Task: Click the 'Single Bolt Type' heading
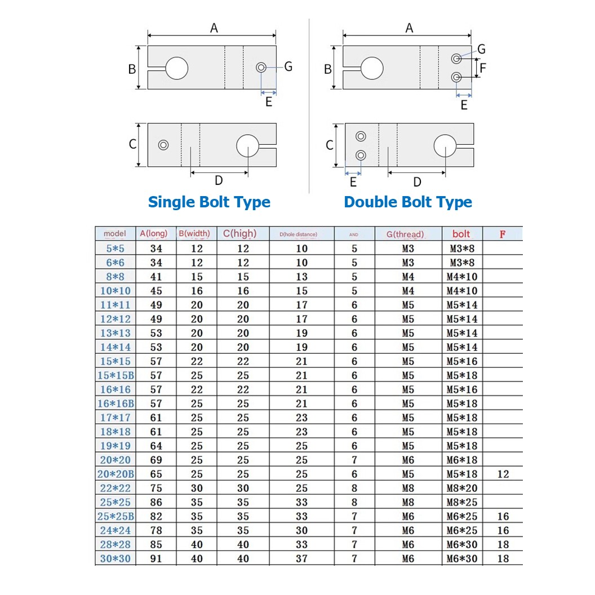[209, 202]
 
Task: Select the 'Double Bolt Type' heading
[408, 202]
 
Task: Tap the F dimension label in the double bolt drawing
[483, 68]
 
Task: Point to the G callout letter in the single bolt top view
[288, 66]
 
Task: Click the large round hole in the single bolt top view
[176, 68]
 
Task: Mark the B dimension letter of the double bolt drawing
[328, 69]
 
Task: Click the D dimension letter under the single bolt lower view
[219, 180]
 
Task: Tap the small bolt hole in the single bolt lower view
[163, 145]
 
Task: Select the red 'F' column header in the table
[503, 234]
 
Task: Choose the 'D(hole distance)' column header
[301, 234]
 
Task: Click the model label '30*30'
[115, 558]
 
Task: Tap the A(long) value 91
[156, 558]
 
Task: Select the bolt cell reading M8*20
[461, 488]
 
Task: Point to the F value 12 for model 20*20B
[503, 474]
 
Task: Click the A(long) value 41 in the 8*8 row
[156, 277]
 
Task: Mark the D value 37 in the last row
[301, 558]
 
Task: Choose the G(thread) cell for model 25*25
[408, 502]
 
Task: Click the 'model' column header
[115, 234]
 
